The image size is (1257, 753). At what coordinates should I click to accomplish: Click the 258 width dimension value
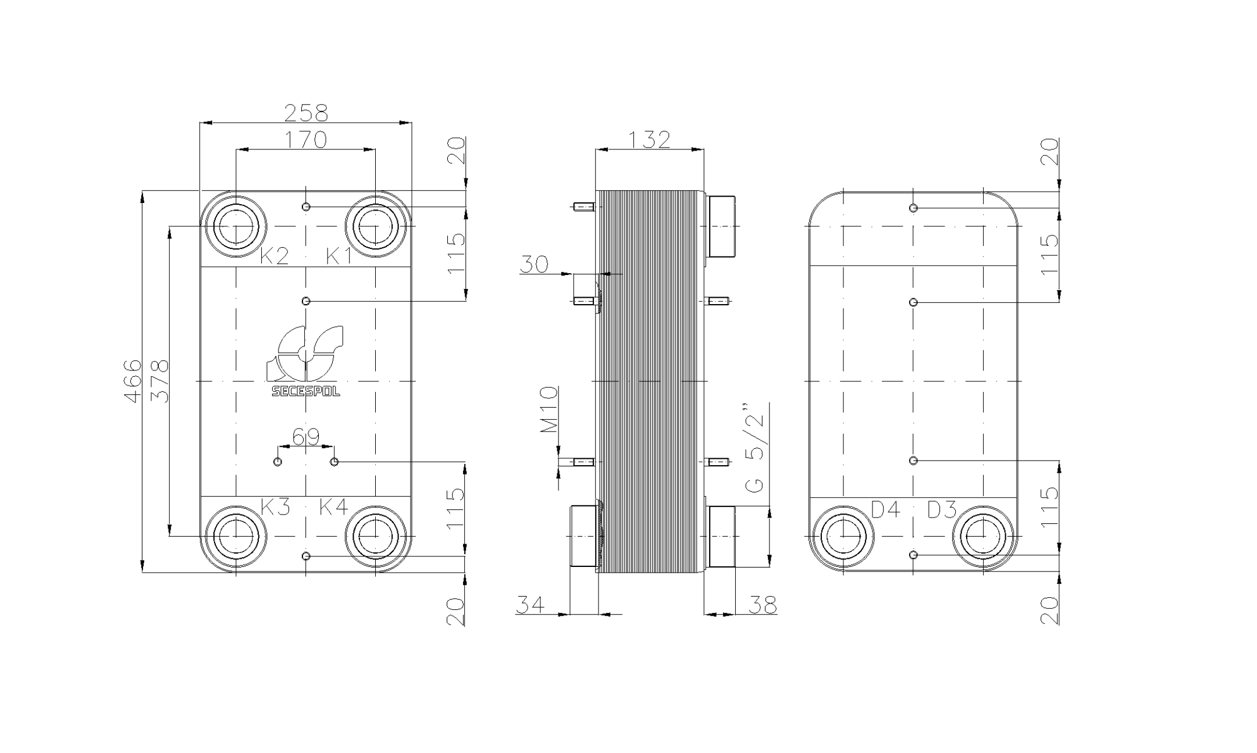coord(306,113)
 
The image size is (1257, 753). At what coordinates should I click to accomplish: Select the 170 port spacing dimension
coord(306,140)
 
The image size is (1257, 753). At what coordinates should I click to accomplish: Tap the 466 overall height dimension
coord(133,381)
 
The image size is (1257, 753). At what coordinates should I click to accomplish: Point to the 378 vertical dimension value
coord(159,381)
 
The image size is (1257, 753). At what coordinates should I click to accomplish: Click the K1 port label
coord(339,255)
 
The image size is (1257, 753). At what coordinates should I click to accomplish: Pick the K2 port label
coord(274,255)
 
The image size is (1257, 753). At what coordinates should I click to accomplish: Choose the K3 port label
coord(275,507)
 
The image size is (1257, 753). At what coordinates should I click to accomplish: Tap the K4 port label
coord(334,507)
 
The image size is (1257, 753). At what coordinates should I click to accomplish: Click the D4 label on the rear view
coord(885,510)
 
